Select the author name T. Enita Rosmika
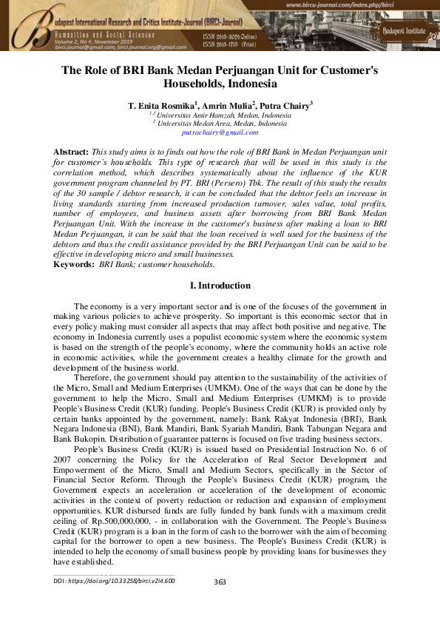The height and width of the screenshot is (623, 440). coord(152,107)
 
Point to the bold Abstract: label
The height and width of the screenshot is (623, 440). coord(72,151)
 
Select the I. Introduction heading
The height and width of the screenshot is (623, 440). coord(220,286)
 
